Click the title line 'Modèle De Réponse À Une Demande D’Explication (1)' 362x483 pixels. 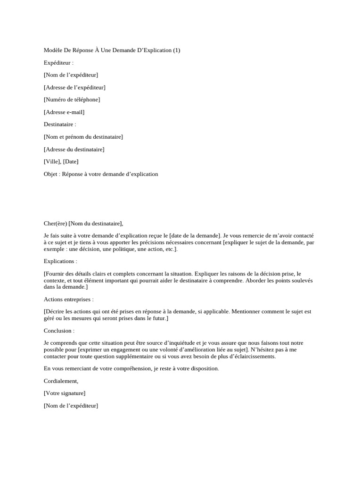pos(112,50)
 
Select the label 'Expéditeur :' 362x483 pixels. pos(58,62)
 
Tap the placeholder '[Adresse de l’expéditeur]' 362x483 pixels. pos(74,87)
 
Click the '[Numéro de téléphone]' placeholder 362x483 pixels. pos(72,100)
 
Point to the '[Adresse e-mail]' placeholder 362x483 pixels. pos(64,112)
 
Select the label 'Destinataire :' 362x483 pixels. pos(60,125)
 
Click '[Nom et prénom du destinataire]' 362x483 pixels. pos(83,137)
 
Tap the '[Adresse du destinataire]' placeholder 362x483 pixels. pos(74,150)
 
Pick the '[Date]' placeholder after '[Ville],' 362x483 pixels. pos(71,162)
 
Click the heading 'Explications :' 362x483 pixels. pos(60,261)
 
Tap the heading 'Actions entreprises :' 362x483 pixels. pos(68,299)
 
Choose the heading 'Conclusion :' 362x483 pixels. pos(59,331)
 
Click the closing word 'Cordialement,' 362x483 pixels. pos(61,381)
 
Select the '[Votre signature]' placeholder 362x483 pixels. pos(65,393)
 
